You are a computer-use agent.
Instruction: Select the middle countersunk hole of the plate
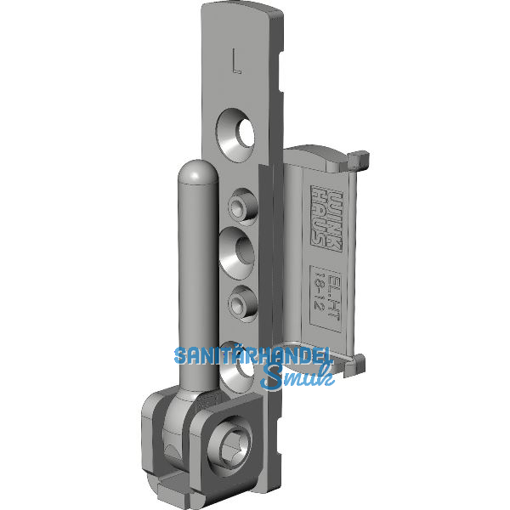[239, 251]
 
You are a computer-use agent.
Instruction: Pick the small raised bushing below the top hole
[239, 204]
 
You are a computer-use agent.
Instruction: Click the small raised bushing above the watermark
[240, 298]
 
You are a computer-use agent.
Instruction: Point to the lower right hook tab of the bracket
[360, 363]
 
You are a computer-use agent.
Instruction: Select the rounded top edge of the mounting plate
[242, 13]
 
